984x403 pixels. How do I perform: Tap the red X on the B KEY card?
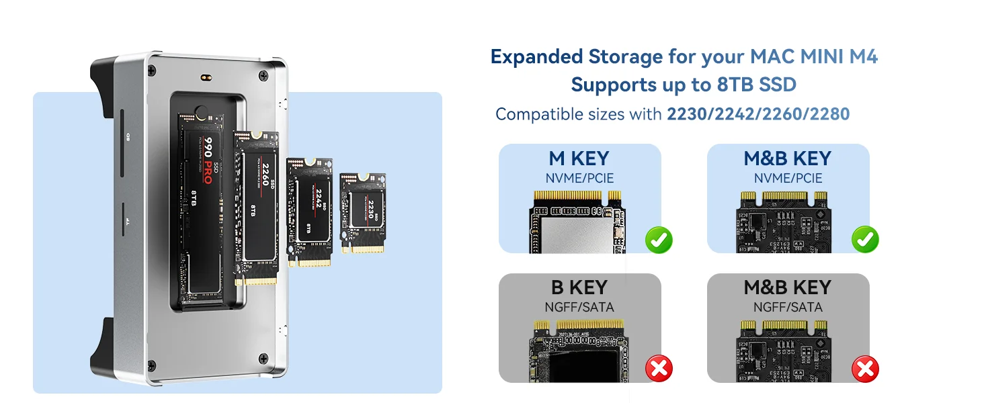pyautogui.click(x=659, y=368)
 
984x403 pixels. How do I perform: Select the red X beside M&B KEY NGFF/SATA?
pyautogui.click(x=865, y=368)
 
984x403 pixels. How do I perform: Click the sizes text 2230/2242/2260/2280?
pyautogui.click(x=758, y=114)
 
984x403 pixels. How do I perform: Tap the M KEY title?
pyautogui.click(x=579, y=159)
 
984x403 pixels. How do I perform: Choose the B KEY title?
pyautogui.click(x=579, y=287)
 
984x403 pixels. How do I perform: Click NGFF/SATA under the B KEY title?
pyautogui.click(x=579, y=308)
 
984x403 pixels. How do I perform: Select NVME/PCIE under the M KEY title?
pyautogui.click(x=579, y=179)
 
